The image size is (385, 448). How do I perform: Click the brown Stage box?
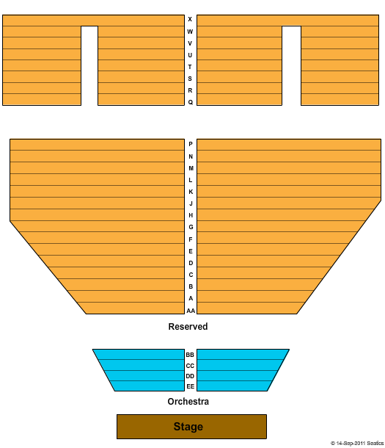coord(191,426)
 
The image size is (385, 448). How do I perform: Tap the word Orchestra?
coord(188,402)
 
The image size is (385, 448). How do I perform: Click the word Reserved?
coord(188,326)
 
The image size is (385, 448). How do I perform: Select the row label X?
coord(190,19)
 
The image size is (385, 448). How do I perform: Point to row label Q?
coord(190,102)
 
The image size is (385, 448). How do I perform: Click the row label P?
coord(191,144)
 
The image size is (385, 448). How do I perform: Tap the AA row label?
coord(191,311)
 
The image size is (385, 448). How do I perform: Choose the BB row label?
coord(190,355)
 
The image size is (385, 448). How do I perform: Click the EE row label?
coord(190,386)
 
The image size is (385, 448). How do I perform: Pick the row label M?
coord(191,168)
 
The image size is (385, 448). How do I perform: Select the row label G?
coord(191,227)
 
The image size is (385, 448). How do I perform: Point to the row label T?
coord(190,67)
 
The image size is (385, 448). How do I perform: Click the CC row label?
coord(190,366)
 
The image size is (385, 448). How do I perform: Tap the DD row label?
coord(190,376)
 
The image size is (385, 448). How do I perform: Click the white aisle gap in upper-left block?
coord(89,65)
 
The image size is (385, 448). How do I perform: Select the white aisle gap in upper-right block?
coord(291,65)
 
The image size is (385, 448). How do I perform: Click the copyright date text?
coord(357,443)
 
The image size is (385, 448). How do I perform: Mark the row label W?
coord(190,32)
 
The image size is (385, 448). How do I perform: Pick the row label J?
coord(191,203)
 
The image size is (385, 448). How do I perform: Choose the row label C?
coord(191,275)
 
